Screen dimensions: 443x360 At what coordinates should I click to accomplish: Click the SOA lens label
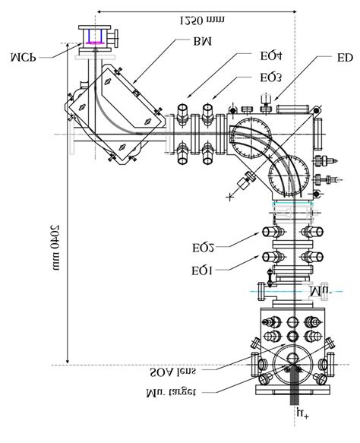pyautogui.click(x=183, y=374)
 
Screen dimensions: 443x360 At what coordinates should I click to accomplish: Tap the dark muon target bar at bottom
pyautogui.click(x=292, y=389)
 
